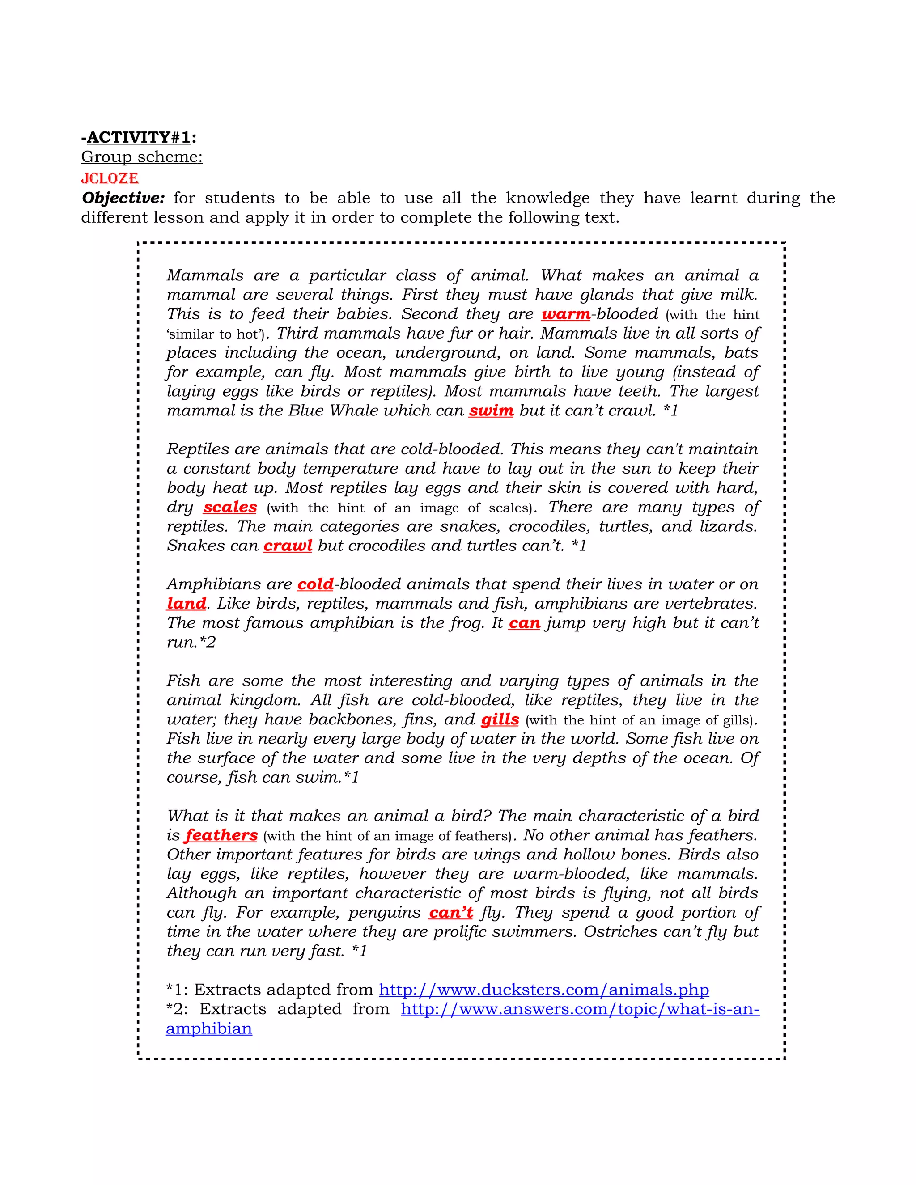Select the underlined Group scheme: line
(142, 157)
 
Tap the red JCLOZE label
(110, 178)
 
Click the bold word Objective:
(123, 198)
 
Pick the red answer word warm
(565, 314)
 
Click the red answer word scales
(230, 508)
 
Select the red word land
(186, 603)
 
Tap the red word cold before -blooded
(315, 584)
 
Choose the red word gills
(500, 719)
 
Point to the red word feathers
(221, 835)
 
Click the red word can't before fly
(451, 913)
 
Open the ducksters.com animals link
(544, 990)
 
